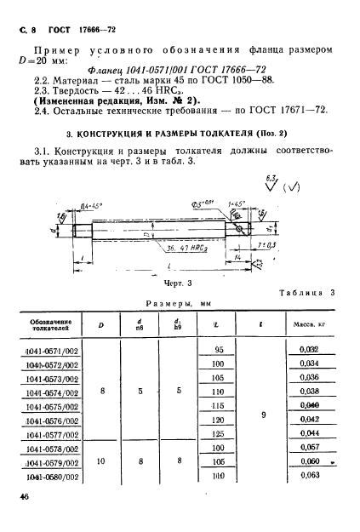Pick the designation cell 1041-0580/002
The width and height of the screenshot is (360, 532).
click(55, 477)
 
